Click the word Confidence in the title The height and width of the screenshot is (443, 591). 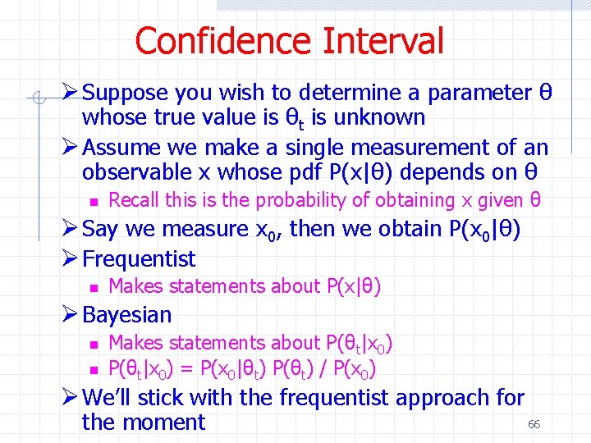(222, 41)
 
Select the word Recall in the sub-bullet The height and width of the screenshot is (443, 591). (132, 199)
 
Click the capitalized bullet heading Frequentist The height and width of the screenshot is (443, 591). (140, 259)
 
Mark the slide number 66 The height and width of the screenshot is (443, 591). (534, 424)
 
